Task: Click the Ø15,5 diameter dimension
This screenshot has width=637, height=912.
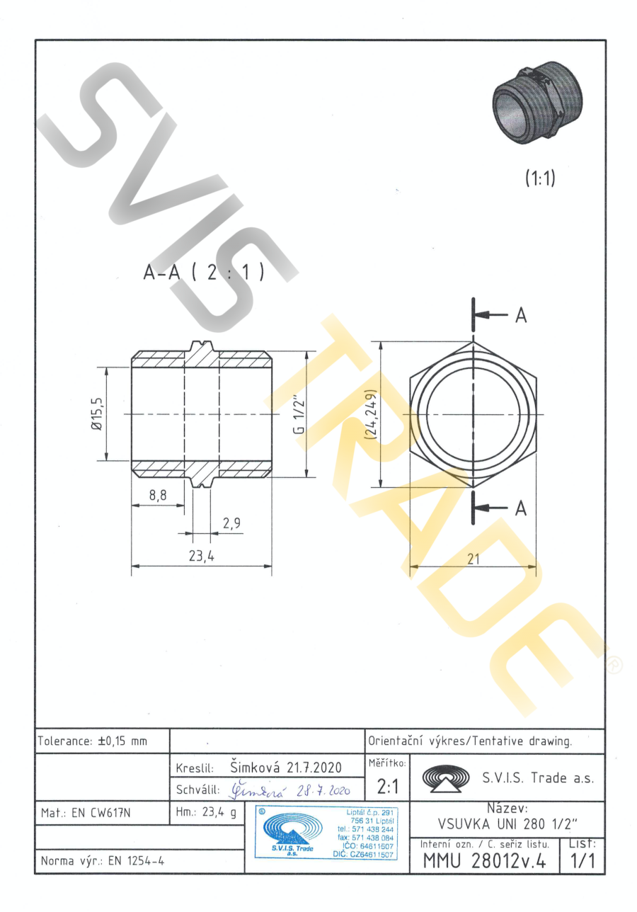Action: click(x=98, y=414)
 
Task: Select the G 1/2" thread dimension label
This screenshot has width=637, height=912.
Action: click(x=299, y=416)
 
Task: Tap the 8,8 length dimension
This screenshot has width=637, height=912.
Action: click(x=158, y=495)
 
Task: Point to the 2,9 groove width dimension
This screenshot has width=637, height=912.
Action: click(x=231, y=523)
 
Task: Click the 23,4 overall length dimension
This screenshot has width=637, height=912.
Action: click(x=202, y=555)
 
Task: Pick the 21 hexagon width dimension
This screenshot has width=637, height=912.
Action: click(x=474, y=559)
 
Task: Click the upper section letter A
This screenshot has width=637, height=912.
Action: click(x=521, y=316)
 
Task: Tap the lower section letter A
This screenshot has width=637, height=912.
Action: click(x=521, y=508)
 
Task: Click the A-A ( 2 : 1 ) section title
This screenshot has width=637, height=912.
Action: click(x=204, y=272)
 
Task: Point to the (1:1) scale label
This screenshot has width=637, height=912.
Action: click(x=540, y=178)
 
